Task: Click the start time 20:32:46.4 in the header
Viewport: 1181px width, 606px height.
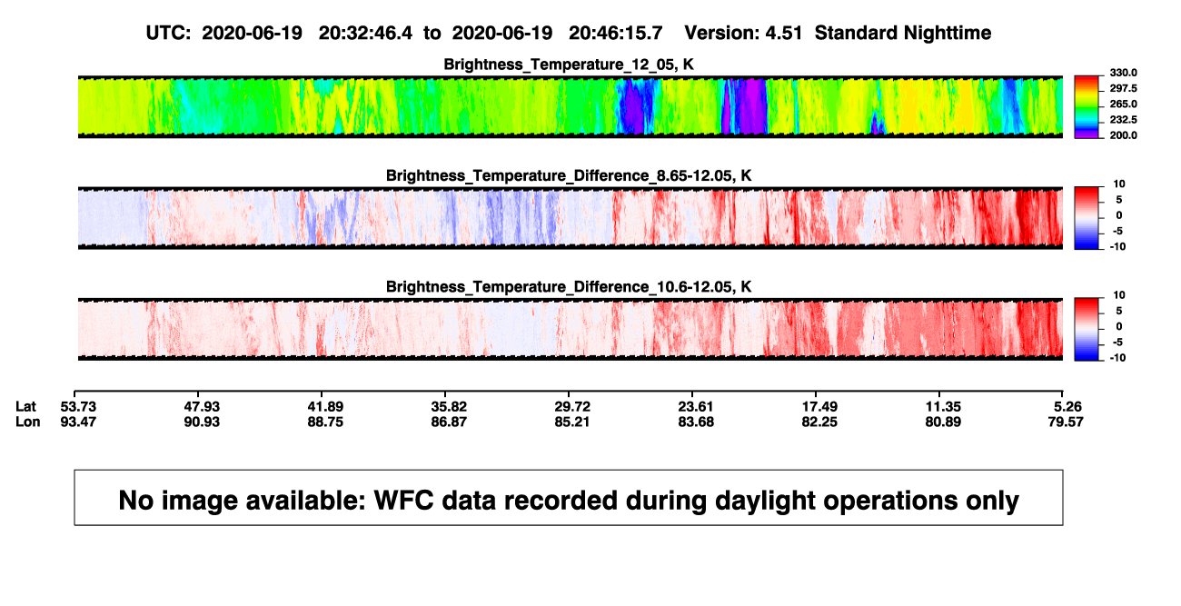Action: (x=365, y=34)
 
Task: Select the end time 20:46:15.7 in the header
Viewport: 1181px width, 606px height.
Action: (x=615, y=34)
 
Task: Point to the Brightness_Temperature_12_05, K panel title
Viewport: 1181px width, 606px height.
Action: (x=569, y=65)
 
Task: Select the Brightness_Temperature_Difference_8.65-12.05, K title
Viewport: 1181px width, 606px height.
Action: (x=569, y=175)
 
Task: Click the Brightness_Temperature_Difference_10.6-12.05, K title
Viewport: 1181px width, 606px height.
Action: (x=569, y=287)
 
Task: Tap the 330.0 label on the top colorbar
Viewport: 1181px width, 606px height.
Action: (x=1123, y=73)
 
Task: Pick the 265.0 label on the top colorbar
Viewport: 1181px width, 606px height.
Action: (x=1123, y=104)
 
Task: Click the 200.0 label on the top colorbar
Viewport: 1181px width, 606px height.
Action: (x=1123, y=135)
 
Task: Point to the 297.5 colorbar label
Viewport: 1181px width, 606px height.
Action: (x=1123, y=88)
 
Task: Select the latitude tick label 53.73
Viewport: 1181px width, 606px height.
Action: (x=78, y=407)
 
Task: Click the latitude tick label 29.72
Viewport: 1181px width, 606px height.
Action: (x=572, y=407)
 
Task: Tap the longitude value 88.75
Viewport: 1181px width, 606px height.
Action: (x=325, y=422)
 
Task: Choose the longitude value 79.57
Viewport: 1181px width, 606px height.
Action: (x=1066, y=422)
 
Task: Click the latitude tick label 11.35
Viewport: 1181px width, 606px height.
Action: (x=943, y=407)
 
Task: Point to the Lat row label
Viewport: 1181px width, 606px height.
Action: (x=25, y=407)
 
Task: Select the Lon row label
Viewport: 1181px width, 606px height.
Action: (x=28, y=422)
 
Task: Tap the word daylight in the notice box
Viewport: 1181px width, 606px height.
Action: (x=762, y=501)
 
